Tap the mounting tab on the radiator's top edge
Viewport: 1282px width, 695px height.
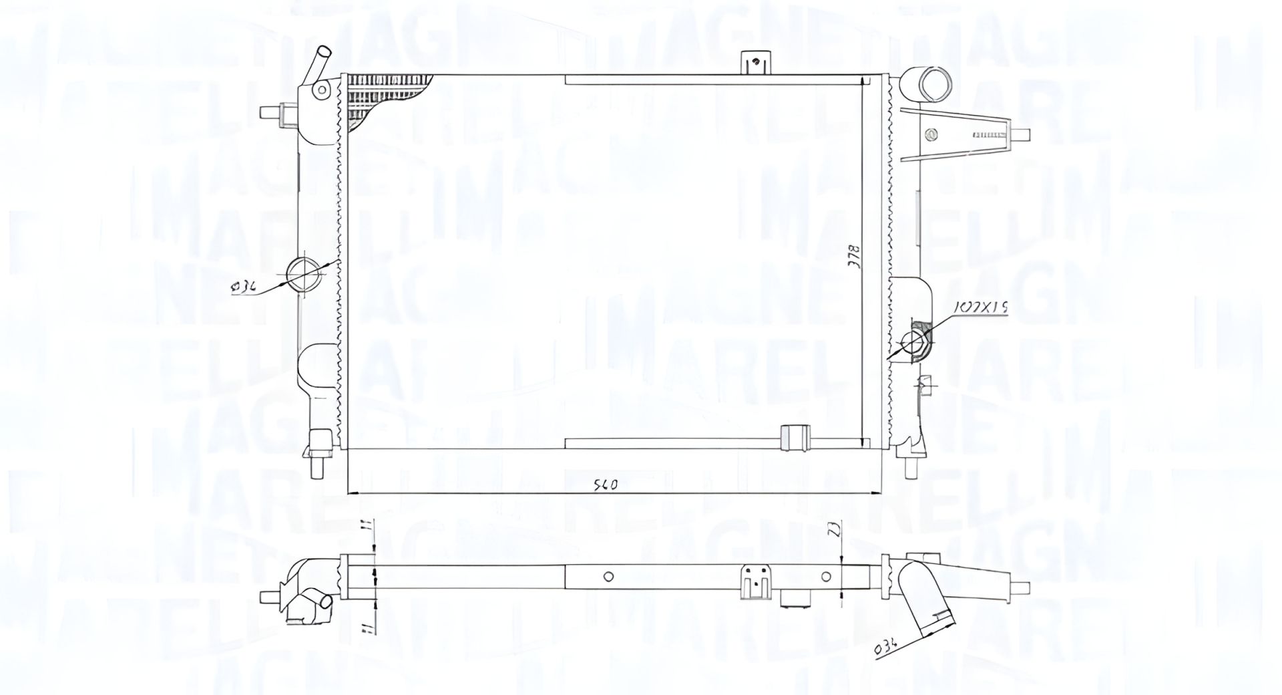point(755,65)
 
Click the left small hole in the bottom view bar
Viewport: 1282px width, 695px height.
point(608,576)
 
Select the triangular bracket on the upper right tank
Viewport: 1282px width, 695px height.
point(955,134)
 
